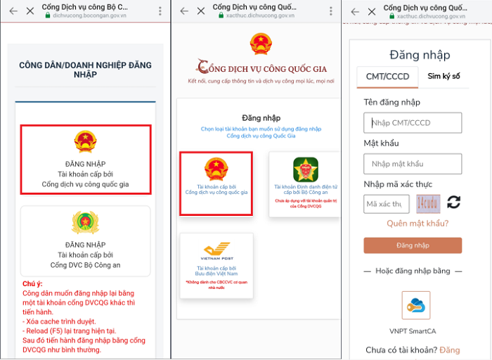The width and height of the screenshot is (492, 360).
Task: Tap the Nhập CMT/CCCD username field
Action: coord(413,123)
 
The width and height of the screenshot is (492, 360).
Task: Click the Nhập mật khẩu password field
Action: coord(413,164)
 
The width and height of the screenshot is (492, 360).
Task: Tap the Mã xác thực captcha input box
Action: coord(386,204)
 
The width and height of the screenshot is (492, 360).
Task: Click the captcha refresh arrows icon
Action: coord(454,202)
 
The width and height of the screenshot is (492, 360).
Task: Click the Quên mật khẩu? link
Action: coord(417,224)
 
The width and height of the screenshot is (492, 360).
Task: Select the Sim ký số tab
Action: coord(444,77)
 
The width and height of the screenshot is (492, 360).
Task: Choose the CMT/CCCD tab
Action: coord(387,77)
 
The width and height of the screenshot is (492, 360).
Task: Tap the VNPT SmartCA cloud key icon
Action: coord(415,305)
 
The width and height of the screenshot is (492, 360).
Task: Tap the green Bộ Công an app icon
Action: coord(306,169)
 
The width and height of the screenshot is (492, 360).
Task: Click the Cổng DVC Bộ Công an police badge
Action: coord(85,223)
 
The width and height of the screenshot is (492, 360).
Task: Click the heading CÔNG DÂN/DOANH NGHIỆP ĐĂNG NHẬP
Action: coord(85,70)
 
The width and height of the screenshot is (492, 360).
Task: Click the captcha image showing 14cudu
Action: coord(428,203)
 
